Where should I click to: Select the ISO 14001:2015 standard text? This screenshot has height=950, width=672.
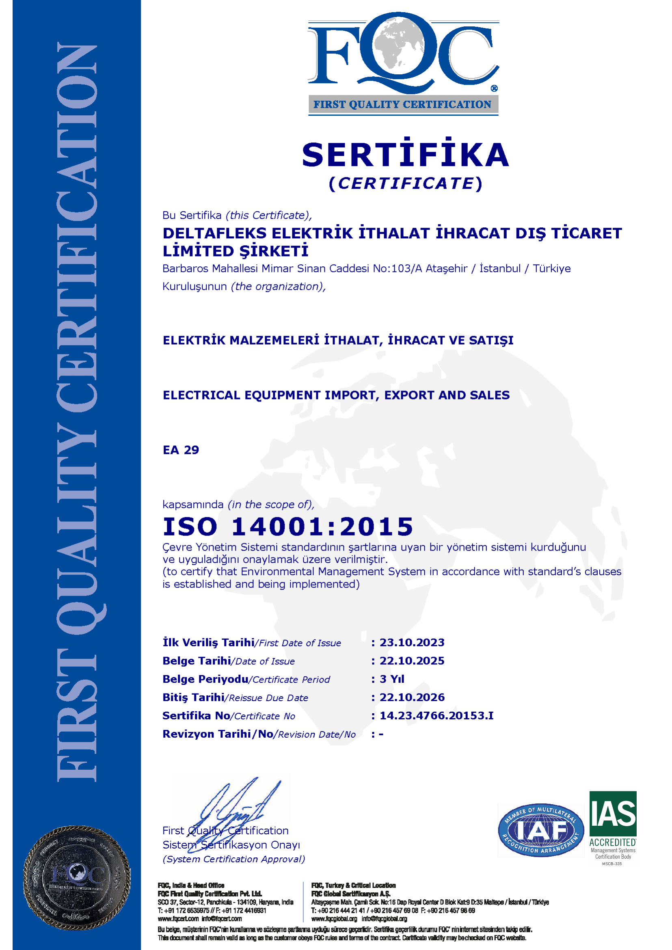tap(288, 526)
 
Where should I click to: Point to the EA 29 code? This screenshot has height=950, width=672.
tap(181, 450)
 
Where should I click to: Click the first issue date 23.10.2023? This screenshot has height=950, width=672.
tap(412, 643)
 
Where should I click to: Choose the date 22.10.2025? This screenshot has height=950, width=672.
tap(412, 661)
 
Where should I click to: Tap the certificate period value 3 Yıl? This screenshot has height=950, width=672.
tap(392, 679)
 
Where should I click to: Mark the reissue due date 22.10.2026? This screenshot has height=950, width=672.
tap(412, 697)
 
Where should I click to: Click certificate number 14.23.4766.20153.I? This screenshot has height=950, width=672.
tap(436, 715)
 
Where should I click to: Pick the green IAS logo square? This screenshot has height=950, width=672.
tap(613, 814)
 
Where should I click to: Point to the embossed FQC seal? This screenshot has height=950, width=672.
tap(77, 877)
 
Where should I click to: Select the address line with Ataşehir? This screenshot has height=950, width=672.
tap(366, 268)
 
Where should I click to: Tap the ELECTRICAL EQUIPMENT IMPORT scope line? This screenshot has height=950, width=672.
tap(336, 395)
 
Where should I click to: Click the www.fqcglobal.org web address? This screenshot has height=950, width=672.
tap(334, 919)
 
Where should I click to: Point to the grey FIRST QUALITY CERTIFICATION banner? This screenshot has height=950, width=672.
tap(403, 105)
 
